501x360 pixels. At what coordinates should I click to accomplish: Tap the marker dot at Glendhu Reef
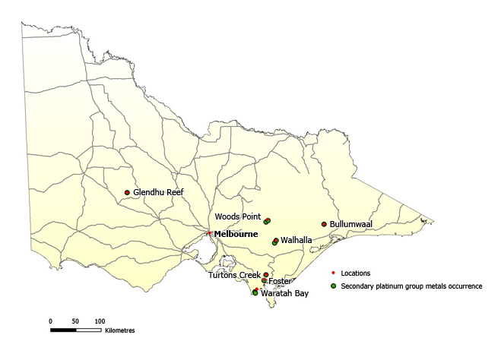point(127,192)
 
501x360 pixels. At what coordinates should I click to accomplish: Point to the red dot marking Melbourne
point(209,233)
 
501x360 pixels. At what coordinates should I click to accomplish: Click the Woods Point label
point(238,216)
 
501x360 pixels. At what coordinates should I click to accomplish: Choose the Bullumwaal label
point(350,224)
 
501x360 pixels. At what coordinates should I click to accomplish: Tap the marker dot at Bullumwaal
point(324,224)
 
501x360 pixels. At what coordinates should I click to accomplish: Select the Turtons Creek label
point(235,275)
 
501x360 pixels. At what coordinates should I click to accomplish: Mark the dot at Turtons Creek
point(266,275)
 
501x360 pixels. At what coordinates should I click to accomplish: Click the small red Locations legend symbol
point(333,273)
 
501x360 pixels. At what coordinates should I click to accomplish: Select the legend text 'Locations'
point(356,273)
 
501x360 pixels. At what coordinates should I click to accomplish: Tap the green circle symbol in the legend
point(333,286)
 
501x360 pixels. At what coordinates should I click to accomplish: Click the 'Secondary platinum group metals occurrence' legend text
point(411,286)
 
